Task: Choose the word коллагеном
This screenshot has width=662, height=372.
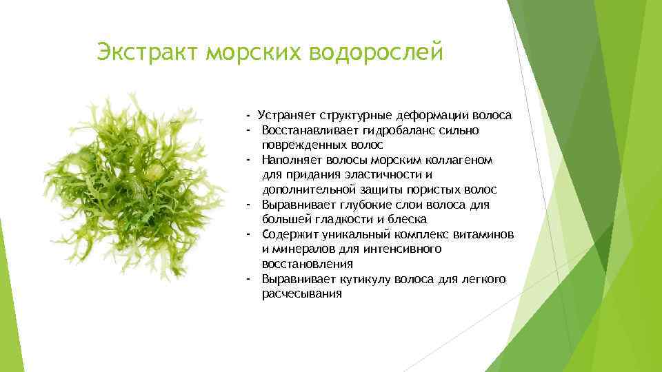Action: [x=457, y=160]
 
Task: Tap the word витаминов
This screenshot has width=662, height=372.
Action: [x=485, y=234]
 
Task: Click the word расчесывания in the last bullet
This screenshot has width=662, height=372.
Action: [x=301, y=293]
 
